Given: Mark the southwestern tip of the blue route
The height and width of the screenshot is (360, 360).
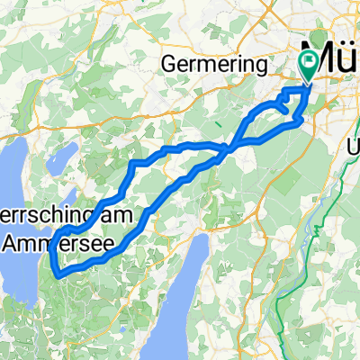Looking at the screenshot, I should pyautogui.click(x=56, y=270).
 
